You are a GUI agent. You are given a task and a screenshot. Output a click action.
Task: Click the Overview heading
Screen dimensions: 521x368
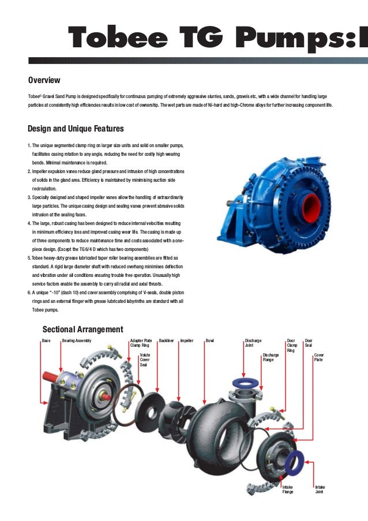pyautogui.click(x=44, y=80)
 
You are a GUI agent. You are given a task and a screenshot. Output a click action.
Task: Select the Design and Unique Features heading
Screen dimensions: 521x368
pyautogui.click(x=76, y=129)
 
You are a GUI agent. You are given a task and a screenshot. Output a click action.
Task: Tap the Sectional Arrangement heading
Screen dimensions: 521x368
pyautogui.click(x=82, y=329)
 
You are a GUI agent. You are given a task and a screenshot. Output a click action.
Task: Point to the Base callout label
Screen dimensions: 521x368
pyautogui.click(x=46, y=341)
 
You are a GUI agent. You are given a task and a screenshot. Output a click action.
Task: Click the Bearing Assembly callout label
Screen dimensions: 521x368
pyautogui.click(x=76, y=341)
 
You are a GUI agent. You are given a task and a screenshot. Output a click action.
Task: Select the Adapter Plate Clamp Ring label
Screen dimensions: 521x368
pyautogui.click(x=141, y=343)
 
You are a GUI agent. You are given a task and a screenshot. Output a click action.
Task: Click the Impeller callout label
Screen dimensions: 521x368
pyautogui.click(x=186, y=341)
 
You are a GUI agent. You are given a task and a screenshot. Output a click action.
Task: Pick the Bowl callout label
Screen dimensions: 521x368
pyautogui.click(x=209, y=341)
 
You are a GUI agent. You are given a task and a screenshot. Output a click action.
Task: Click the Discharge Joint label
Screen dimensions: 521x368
pyautogui.click(x=253, y=343)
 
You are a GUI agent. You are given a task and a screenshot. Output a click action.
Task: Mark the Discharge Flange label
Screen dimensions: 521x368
pyautogui.click(x=271, y=358)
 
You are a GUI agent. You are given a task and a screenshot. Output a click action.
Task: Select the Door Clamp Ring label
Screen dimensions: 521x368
pyautogui.click(x=291, y=346)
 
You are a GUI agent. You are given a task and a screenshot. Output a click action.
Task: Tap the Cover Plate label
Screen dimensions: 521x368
pyautogui.click(x=319, y=358)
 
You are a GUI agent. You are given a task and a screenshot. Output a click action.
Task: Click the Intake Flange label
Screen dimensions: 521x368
pyautogui.click(x=287, y=490)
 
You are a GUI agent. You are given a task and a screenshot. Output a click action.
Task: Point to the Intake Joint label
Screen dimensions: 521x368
pyautogui.click(x=320, y=490)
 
